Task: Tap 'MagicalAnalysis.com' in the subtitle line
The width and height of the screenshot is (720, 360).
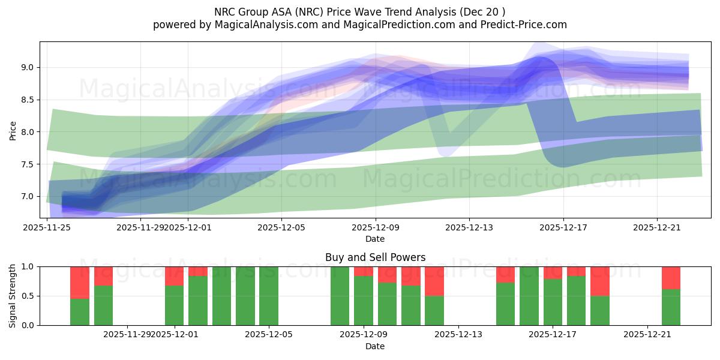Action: point(261,25)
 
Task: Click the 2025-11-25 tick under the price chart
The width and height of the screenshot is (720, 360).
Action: point(47,227)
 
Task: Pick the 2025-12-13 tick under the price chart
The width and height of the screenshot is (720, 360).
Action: point(469,227)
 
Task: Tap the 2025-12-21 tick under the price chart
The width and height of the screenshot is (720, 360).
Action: point(657,227)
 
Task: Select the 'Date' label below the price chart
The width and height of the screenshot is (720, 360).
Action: point(375,239)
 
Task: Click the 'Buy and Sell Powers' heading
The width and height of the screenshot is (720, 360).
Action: point(375,257)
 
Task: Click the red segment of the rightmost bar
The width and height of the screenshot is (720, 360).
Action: point(671,278)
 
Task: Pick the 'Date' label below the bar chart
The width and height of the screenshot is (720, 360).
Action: point(375,346)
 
